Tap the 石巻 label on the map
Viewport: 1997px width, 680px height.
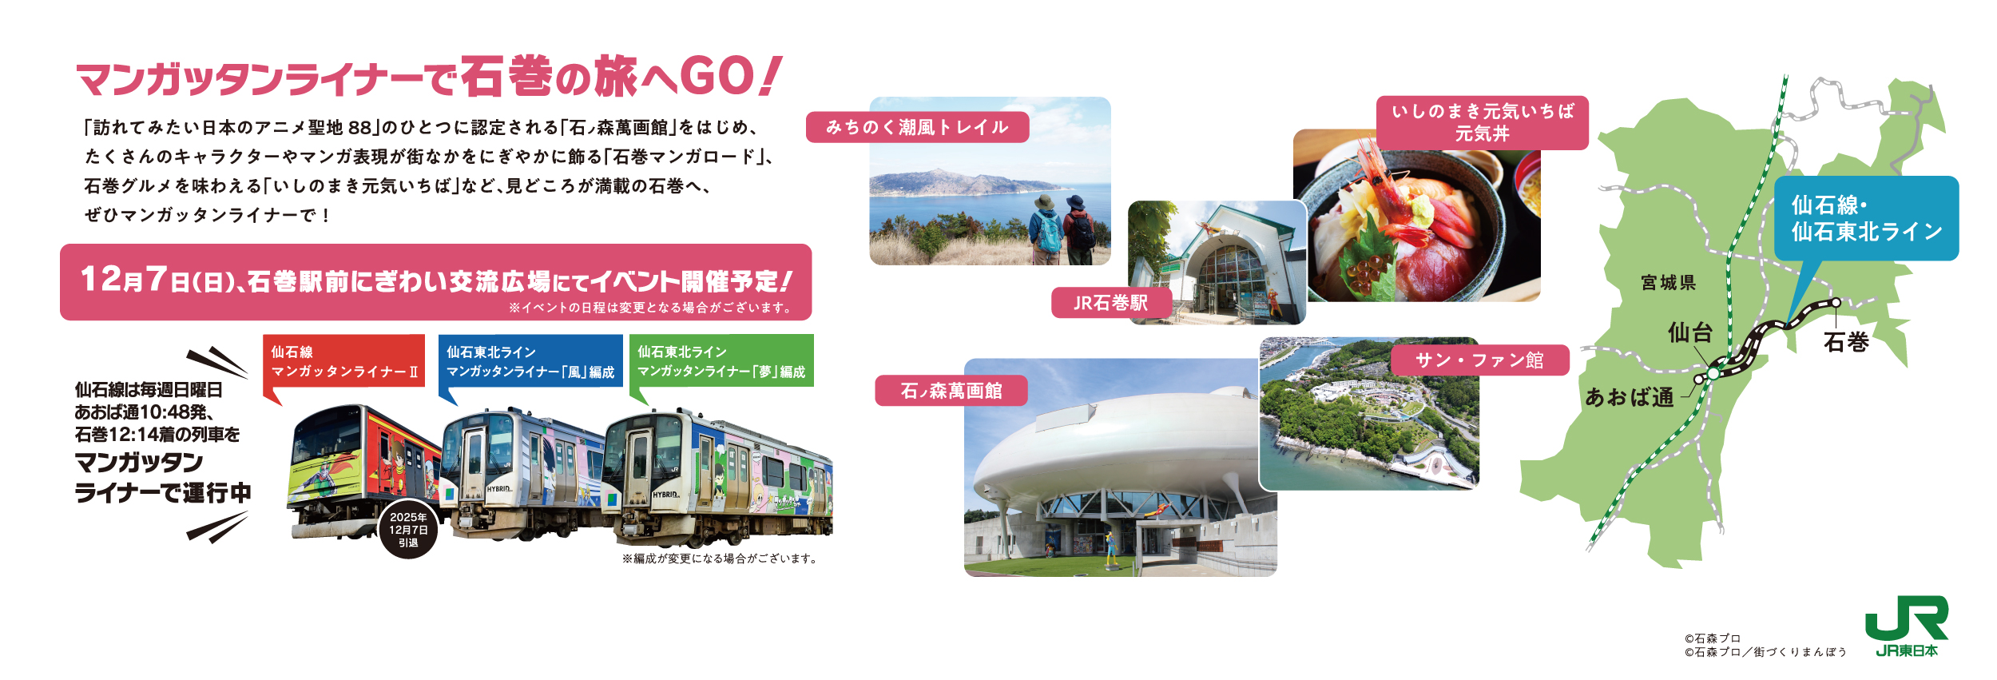[x=1846, y=343]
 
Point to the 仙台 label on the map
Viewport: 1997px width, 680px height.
[x=1689, y=332]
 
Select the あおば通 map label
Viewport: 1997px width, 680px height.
[x=1629, y=397]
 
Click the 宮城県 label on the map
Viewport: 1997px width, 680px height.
[x=1668, y=283]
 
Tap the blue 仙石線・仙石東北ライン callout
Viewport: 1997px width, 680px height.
[x=1866, y=218]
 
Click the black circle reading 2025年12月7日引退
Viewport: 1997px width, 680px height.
[x=408, y=530]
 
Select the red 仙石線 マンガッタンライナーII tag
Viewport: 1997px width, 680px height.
[x=343, y=361]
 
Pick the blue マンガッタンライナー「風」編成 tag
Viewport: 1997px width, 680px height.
[x=530, y=361]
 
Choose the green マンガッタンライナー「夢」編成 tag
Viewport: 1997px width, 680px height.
[x=721, y=361]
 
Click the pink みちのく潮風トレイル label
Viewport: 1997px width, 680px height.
[x=917, y=127]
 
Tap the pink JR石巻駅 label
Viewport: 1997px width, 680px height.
[x=1111, y=303]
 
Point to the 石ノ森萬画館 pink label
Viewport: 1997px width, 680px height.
[x=951, y=391]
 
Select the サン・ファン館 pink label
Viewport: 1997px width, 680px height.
[x=1480, y=360]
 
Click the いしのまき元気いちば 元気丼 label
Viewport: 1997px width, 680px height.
[x=1483, y=123]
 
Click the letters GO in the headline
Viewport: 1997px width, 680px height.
[x=715, y=77]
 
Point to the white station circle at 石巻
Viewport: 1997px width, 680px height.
[x=1836, y=303]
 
